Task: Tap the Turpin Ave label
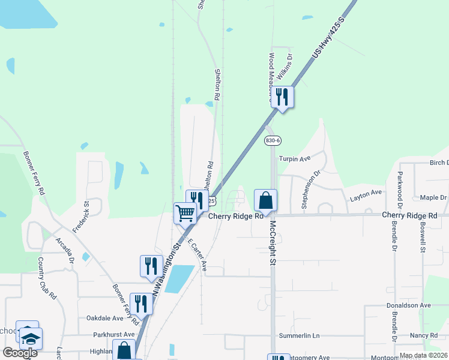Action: click(294, 159)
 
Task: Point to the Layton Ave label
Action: click(366, 193)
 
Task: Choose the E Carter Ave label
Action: click(197, 255)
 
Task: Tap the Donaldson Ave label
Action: click(409, 305)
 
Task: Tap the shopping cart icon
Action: click(185, 212)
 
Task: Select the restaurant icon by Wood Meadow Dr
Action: click(282, 96)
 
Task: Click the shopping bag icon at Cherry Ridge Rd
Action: click(265, 199)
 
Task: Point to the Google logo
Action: click(20, 353)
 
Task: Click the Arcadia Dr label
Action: click(64, 250)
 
